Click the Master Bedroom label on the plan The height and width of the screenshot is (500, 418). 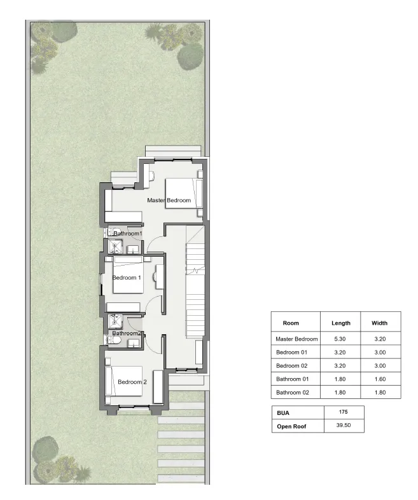tap(169, 201)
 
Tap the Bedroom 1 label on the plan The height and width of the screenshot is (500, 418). tap(127, 278)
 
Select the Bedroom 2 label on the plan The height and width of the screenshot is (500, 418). tap(132, 382)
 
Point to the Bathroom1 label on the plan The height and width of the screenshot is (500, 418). tap(127, 234)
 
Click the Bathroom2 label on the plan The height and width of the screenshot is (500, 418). tap(126, 333)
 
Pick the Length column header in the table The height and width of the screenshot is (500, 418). tap(341, 323)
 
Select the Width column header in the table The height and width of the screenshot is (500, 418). tap(380, 323)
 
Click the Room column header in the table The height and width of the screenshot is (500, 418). tap(291, 323)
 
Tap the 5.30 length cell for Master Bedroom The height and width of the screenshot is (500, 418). tap(341, 339)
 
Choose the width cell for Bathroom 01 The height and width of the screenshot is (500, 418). tap(380, 379)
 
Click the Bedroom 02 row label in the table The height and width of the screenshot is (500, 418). tap(292, 365)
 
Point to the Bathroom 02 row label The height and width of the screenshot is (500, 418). tap(293, 392)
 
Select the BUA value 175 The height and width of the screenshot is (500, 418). tap(344, 412)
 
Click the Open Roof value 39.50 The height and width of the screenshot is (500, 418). tap(344, 426)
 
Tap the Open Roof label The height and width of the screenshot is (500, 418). tap(292, 426)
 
